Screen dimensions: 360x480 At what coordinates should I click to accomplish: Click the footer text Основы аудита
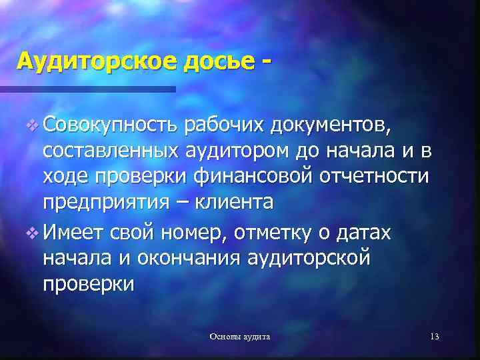tap(240, 337)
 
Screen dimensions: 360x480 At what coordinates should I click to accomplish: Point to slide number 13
tap(435, 337)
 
